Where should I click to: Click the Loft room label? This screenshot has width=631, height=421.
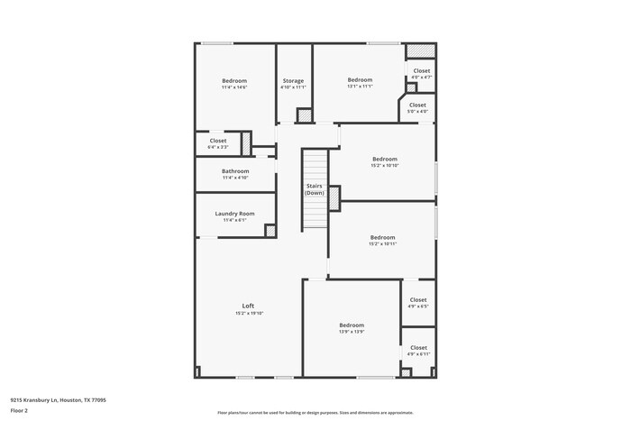coord(248,306)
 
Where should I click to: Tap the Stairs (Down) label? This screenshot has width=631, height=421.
coord(314,189)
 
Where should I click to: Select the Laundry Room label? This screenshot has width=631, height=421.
coord(234,214)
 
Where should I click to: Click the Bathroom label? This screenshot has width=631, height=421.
coord(235,170)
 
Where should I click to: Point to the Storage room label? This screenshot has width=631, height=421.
coord(293,81)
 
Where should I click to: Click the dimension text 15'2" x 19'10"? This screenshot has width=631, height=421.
coord(249,313)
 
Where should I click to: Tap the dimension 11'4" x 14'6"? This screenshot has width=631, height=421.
coord(234,87)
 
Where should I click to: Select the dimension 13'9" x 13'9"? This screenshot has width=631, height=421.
coord(352,332)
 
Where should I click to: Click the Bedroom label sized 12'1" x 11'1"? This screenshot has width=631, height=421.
coord(360,80)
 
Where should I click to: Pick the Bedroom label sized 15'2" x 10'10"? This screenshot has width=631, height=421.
coord(384,159)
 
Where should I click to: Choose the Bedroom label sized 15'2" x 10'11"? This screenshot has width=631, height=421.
coord(382,237)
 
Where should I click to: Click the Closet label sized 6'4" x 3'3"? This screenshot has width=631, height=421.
coord(218,141)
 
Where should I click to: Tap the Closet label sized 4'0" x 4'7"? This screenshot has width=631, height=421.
coord(421,70)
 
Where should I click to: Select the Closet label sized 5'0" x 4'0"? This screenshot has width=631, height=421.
coord(417,105)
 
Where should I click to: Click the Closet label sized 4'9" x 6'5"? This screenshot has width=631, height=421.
coord(418,299)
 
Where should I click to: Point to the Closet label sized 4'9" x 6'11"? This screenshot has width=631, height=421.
coord(418,347)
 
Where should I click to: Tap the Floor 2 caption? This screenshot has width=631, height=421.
coord(19,410)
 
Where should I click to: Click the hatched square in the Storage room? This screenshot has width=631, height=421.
coord(304,115)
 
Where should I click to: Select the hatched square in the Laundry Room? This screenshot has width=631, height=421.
coord(269,230)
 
